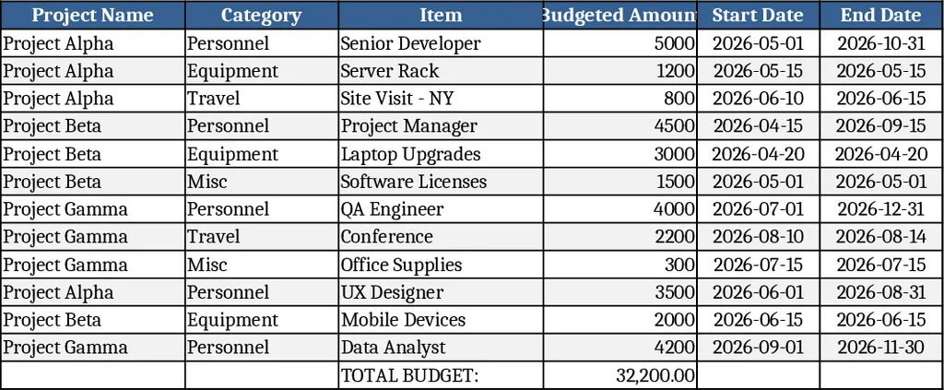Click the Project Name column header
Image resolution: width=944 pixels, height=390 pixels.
pos(92,15)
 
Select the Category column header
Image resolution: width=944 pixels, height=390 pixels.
pos(261,15)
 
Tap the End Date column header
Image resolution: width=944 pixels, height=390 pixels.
pos(880,15)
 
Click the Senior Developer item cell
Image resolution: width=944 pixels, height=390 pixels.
pos(411,43)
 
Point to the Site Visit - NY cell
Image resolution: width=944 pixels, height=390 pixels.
pos(397,99)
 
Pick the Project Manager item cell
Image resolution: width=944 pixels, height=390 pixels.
pos(409,126)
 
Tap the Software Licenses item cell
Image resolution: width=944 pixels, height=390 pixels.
pos(414,182)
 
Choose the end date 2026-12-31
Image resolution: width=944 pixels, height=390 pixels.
pos(880,209)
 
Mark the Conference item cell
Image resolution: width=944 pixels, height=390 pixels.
pos(387,237)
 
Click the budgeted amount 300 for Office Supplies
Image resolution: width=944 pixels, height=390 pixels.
pos(679,265)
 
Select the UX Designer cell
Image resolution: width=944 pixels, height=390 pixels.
pos(393,292)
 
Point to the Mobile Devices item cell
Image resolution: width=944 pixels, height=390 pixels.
pos(404,320)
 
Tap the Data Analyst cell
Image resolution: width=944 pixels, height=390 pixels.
pos(394,348)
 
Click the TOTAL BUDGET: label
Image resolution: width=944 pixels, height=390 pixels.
pos(410,375)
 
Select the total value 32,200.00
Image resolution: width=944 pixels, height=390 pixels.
pos(655,375)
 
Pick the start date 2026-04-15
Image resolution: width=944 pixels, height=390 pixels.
pos(758,126)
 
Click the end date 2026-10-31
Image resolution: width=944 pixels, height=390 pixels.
pos(880,43)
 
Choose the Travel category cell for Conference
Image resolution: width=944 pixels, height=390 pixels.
pos(214,237)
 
